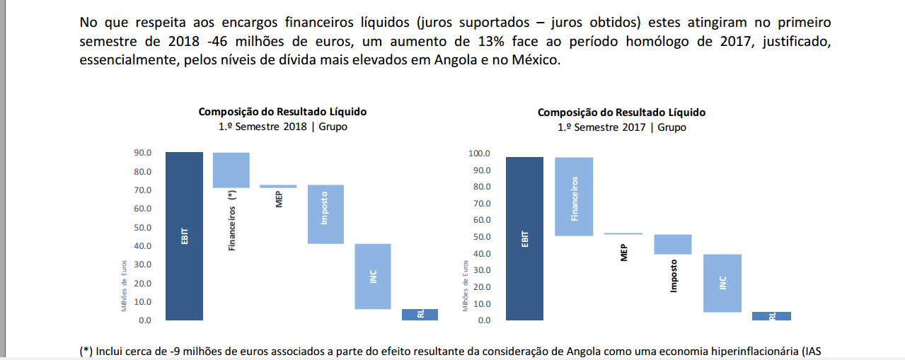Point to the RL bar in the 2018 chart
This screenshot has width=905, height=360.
click(x=420, y=315)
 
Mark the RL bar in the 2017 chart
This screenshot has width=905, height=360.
click(x=772, y=316)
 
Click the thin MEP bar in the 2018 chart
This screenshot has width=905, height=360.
click(x=278, y=187)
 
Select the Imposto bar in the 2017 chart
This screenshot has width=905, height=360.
click(x=672, y=244)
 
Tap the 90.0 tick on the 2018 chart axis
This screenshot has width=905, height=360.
click(x=144, y=153)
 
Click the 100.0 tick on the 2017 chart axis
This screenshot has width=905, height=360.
click(x=479, y=153)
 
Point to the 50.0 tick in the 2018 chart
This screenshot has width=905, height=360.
click(x=144, y=227)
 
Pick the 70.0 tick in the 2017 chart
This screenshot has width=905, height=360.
click(x=481, y=204)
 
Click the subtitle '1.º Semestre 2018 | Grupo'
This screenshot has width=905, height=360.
click(x=283, y=127)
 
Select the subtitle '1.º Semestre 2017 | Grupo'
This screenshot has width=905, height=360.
click(x=621, y=127)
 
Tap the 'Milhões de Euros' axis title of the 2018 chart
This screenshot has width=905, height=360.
click(x=124, y=285)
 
